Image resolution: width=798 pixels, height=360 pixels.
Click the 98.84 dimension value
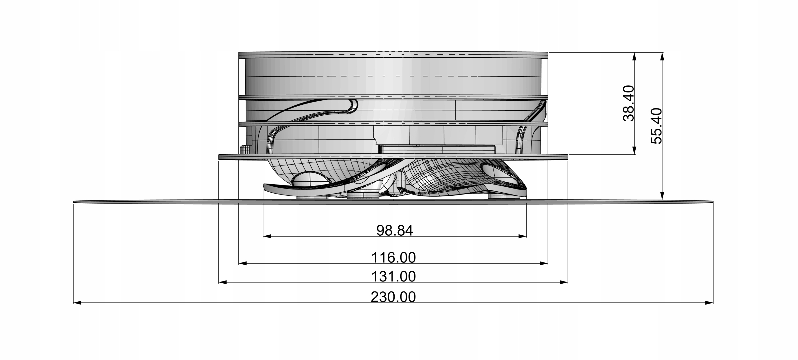[395, 231]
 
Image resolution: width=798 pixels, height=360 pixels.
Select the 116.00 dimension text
[393, 258]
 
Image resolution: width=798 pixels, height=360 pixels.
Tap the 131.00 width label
[393, 277]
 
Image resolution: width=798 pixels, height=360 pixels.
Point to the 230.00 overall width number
[393, 297]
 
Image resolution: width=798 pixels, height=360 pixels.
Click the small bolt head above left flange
[245, 149]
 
